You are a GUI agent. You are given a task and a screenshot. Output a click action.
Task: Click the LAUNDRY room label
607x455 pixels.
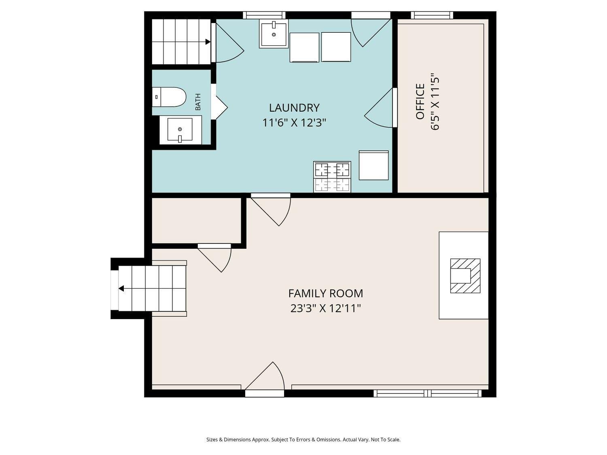click(294, 108)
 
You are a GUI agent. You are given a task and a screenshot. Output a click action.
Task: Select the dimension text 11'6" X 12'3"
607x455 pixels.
click(294, 123)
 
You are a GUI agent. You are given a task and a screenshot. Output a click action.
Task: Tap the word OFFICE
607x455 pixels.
click(420, 102)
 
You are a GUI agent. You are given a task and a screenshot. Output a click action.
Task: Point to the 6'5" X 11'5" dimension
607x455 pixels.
click(435, 102)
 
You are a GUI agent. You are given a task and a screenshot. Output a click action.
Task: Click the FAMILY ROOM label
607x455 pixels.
click(325, 293)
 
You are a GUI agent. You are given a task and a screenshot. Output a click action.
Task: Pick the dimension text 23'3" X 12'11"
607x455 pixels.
click(325, 309)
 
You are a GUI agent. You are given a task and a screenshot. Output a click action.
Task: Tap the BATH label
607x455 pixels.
click(198, 102)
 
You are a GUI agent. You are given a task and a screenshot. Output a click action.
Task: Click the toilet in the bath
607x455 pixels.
click(170, 97)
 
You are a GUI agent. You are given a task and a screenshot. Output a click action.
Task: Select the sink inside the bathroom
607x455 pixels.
click(180, 130)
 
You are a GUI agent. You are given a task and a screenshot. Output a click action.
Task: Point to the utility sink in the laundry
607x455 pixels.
click(274, 34)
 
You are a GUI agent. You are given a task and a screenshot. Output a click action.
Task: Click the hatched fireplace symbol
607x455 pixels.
click(465, 276)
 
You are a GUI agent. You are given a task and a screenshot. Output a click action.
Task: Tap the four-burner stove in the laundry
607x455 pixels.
click(332, 177)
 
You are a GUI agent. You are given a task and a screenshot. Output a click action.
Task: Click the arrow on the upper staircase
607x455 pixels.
click(208, 42)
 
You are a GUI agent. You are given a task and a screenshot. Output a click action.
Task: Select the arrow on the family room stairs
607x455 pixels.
click(121, 288)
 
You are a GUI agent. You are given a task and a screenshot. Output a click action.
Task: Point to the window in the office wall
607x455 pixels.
click(432, 15)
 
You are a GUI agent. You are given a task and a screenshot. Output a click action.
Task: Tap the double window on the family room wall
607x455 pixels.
click(427, 393)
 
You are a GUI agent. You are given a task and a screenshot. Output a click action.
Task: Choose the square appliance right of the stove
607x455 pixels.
click(374, 165)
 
